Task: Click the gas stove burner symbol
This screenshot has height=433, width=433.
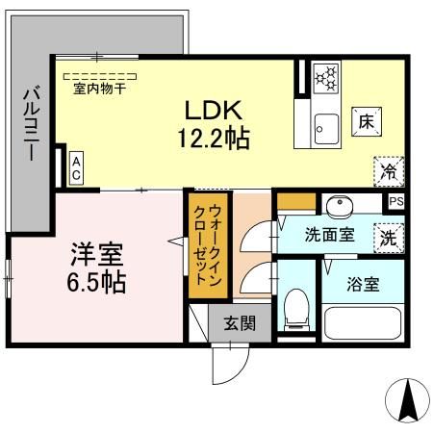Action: pos(327,75)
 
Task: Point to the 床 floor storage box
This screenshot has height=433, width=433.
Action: pos(367,123)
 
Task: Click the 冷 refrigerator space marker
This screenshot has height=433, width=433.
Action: pos(389,171)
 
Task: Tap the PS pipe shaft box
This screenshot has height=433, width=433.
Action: pos(395,202)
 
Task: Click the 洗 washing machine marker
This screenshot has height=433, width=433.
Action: pos(388,235)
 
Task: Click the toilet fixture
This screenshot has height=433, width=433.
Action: pos(296,311)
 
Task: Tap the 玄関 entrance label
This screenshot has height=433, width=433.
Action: pos(239,323)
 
